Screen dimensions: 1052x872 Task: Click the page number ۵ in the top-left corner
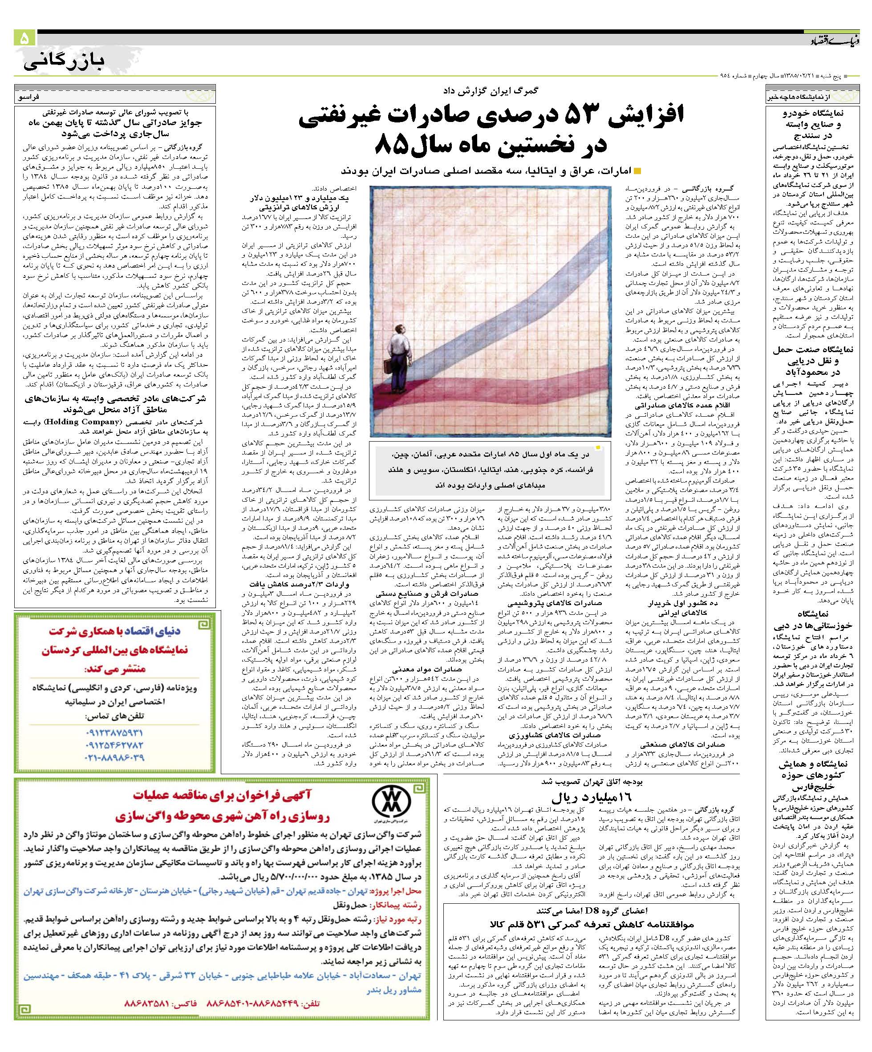click(x=24, y=39)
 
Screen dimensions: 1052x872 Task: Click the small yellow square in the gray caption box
click(x=597, y=447)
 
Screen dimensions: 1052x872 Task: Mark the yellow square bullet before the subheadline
click(x=637, y=171)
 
